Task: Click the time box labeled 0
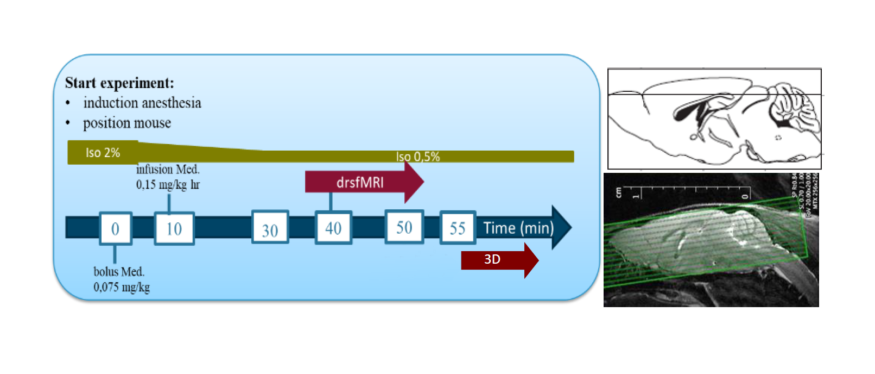pyautogui.click(x=115, y=228)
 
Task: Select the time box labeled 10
pyautogui.click(x=174, y=228)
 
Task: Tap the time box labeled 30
pyautogui.click(x=270, y=228)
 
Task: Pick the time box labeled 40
pyautogui.click(x=333, y=228)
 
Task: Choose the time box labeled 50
pyautogui.click(x=404, y=227)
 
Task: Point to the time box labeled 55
pyautogui.click(x=458, y=228)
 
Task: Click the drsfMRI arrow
pyautogui.click(x=360, y=182)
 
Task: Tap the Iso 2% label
pyautogui.click(x=103, y=153)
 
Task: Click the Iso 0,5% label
pyautogui.click(x=417, y=157)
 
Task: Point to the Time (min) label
pyautogui.click(x=518, y=228)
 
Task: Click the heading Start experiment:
pyautogui.click(x=119, y=83)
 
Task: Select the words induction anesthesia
pyautogui.click(x=142, y=103)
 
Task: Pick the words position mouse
pyautogui.click(x=127, y=123)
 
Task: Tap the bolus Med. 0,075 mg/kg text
pyautogui.click(x=121, y=279)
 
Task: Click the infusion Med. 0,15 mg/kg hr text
pyautogui.click(x=168, y=177)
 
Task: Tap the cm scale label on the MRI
pyautogui.click(x=618, y=192)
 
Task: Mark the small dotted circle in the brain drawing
pyautogui.click(x=777, y=138)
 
